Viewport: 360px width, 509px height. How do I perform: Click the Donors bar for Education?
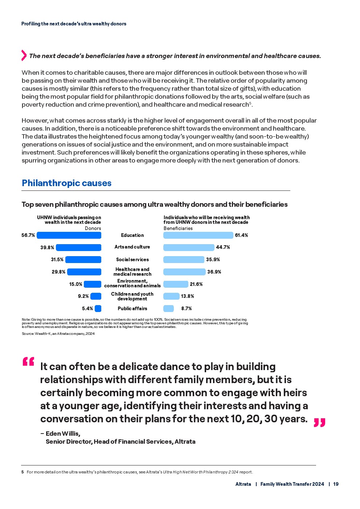point(69,235)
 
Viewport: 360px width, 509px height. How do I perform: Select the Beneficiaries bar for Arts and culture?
point(189,247)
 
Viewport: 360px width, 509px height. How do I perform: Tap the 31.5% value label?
point(57,259)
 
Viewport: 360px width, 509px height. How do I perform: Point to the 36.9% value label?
point(214,272)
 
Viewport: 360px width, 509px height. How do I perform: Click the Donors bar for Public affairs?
point(98,308)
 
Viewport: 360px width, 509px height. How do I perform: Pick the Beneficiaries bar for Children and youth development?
point(171,296)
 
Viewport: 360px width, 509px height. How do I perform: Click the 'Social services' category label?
point(132,259)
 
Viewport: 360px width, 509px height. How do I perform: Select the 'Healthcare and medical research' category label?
point(132,272)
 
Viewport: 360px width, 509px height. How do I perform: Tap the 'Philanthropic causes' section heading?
point(66,183)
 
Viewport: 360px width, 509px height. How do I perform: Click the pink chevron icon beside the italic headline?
point(24,55)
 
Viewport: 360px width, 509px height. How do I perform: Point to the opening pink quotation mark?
point(28,362)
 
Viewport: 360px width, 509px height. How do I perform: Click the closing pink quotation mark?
point(319,423)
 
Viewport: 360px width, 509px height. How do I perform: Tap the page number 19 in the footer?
point(336,484)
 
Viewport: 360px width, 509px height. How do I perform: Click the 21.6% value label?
point(196,284)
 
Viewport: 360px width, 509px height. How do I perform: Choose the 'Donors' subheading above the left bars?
point(93,228)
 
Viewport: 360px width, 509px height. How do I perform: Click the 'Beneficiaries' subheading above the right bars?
point(178,228)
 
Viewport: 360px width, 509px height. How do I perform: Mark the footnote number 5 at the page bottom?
point(22,472)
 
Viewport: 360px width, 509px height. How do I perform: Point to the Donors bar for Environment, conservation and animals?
point(93,284)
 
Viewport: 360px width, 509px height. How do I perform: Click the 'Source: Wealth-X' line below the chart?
point(58,333)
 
